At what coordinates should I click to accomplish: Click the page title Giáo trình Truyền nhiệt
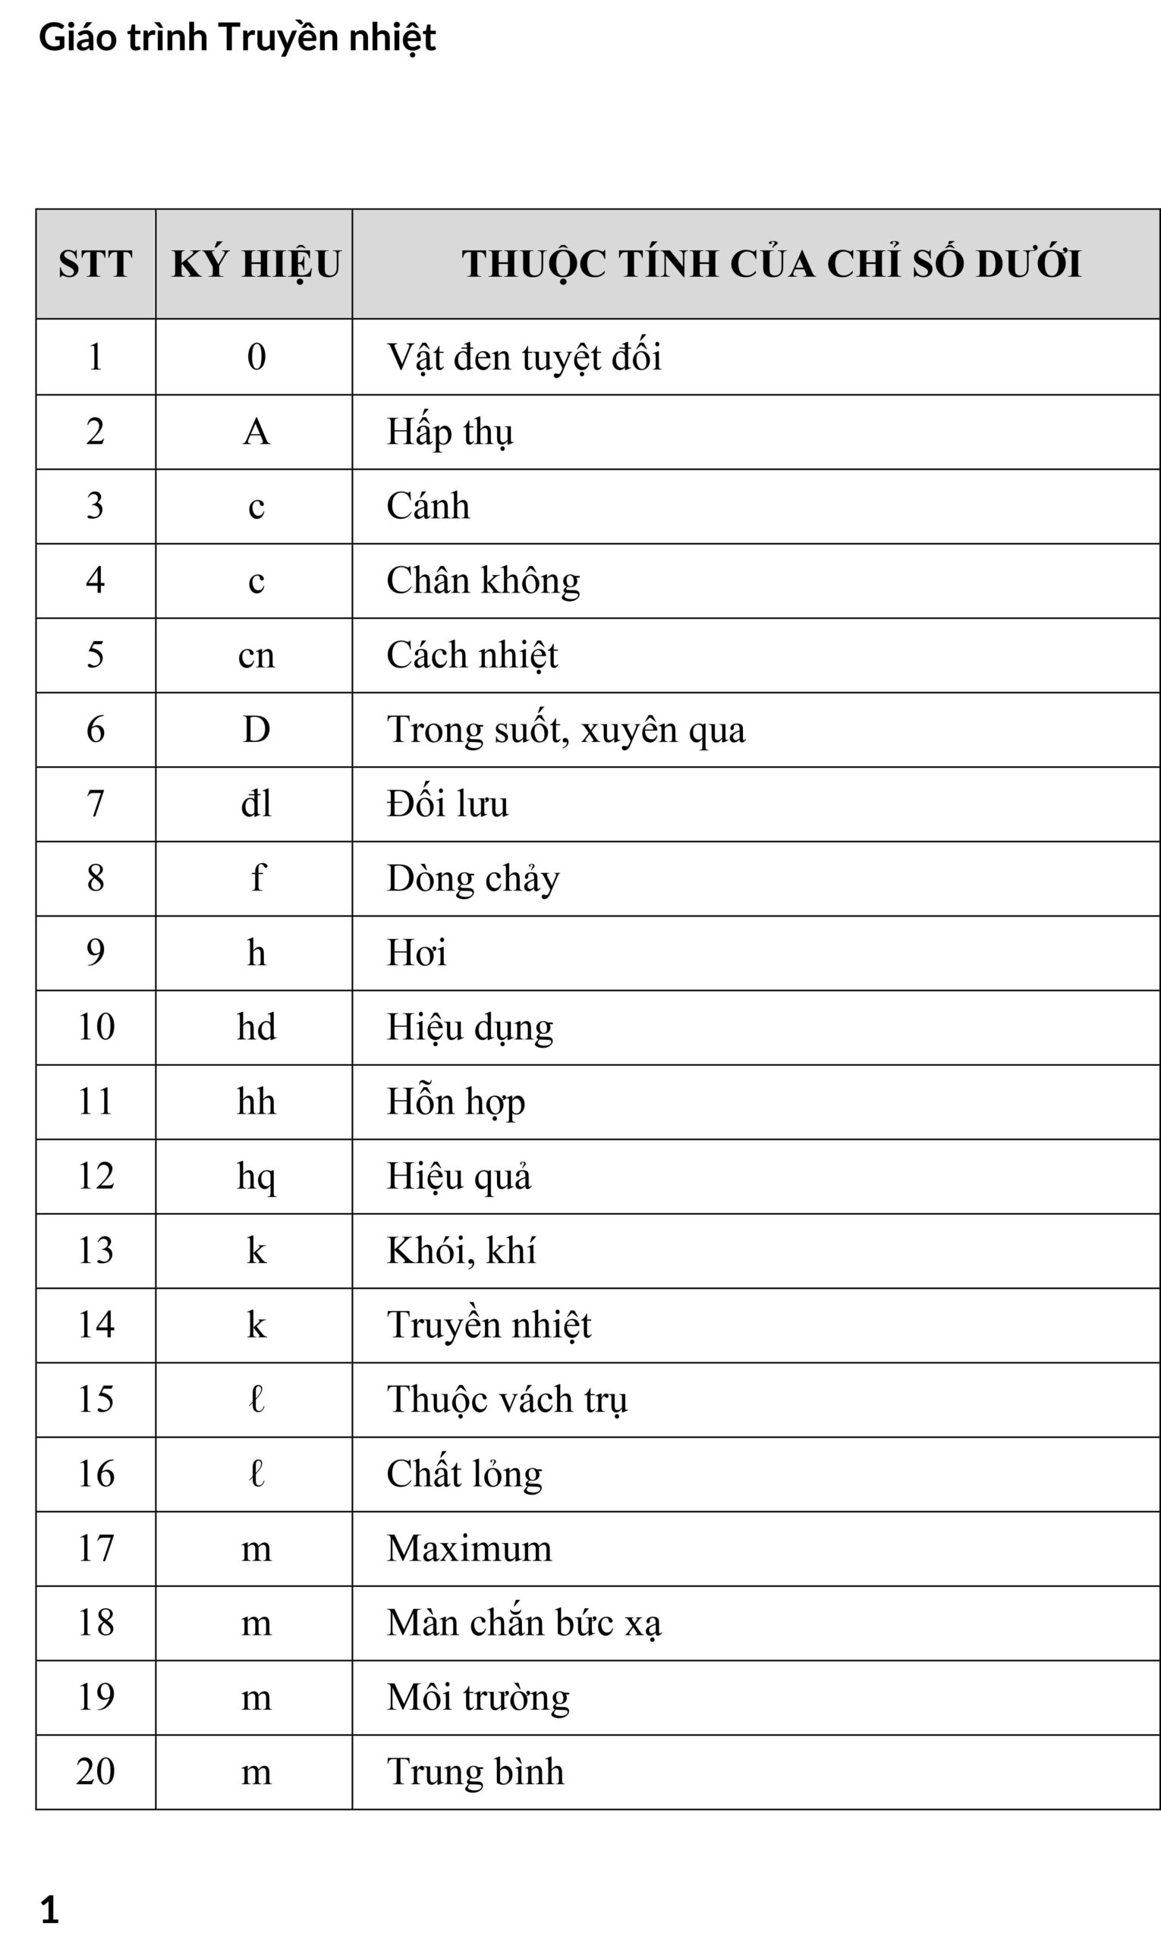(x=237, y=37)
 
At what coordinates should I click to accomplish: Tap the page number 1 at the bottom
(x=49, y=1909)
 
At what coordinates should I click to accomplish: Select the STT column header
(x=96, y=263)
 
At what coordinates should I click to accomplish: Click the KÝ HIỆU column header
(x=256, y=263)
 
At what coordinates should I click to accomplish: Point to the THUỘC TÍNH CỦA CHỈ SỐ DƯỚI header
(x=771, y=263)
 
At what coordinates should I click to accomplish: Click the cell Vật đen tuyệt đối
(x=524, y=357)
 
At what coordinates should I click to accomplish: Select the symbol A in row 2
(x=256, y=432)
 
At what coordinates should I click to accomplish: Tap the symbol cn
(x=256, y=655)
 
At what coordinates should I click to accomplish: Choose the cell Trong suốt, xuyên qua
(x=565, y=730)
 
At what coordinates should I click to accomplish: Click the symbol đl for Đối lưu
(x=256, y=804)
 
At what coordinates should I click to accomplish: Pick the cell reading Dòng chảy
(x=473, y=878)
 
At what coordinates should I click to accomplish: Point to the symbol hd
(x=256, y=1027)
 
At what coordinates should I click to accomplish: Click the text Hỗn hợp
(x=455, y=1102)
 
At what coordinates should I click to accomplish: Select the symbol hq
(x=256, y=1177)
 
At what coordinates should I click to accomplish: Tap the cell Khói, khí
(x=461, y=1251)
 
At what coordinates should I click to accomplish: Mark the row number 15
(x=96, y=1399)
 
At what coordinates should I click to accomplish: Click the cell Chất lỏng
(x=464, y=1474)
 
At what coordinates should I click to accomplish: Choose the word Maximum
(x=469, y=1548)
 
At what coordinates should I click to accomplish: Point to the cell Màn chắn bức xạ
(x=524, y=1623)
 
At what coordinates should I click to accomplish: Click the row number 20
(x=96, y=1771)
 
